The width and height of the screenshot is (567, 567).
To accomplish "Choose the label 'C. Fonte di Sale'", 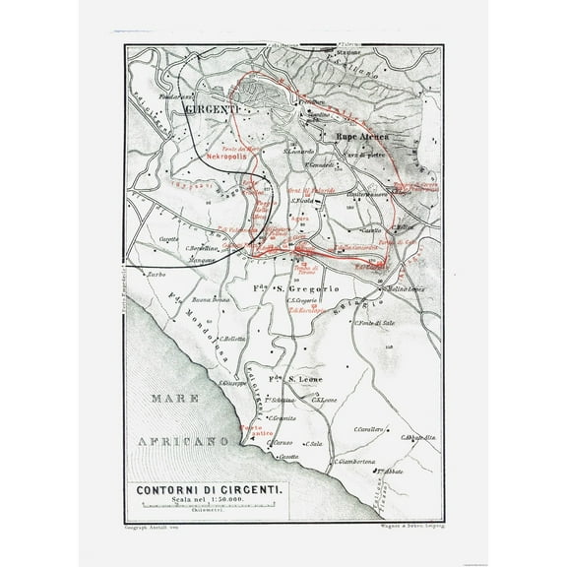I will coord(373,326).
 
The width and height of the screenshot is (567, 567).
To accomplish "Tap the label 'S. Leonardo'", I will coord(299,151).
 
